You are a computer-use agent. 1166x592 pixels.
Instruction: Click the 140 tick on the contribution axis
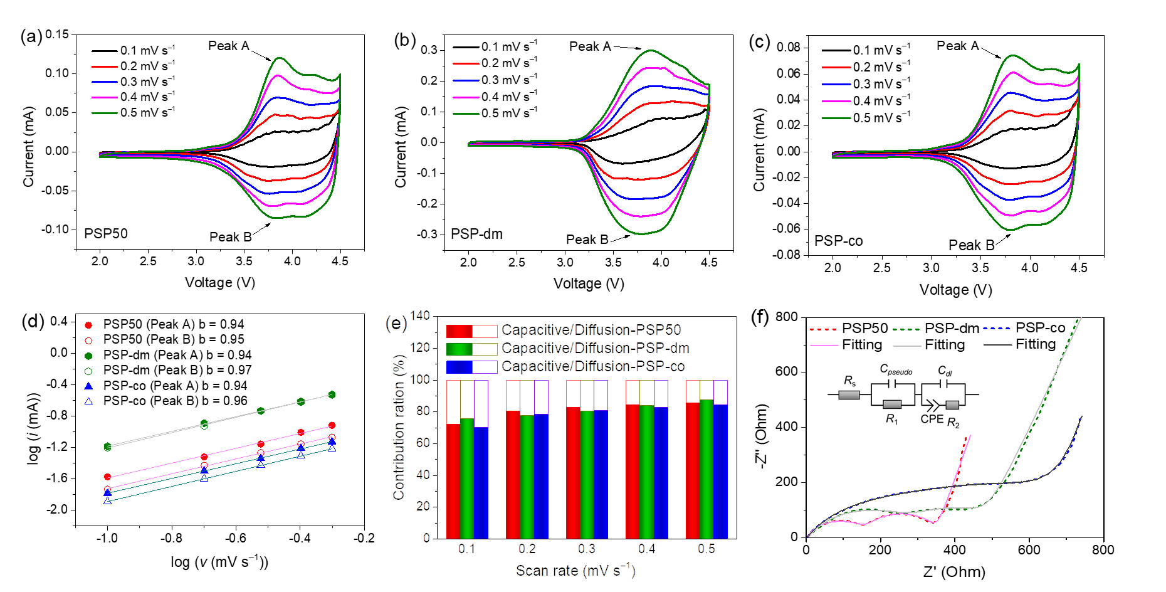tap(420, 315)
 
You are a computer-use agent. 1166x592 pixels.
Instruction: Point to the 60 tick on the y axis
tap(423, 443)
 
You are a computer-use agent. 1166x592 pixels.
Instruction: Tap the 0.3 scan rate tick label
tap(586, 549)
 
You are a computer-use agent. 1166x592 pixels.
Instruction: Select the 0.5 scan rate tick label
tap(706, 549)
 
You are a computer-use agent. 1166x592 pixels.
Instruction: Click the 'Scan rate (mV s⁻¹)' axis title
tap(575, 570)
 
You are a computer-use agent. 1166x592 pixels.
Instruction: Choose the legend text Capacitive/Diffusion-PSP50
tap(591, 330)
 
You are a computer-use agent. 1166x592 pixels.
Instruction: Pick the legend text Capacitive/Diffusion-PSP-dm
tap(596, 348)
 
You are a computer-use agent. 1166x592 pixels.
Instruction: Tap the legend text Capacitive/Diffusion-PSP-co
tap(593, 366)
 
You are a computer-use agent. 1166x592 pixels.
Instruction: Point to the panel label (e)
tap(396, 324)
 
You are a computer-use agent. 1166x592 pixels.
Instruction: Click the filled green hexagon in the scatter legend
tap(88, 356)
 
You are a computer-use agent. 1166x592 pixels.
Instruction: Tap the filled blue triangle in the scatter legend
tap(88, 386)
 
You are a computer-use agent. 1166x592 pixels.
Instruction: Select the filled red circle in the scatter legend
tap(88, 325)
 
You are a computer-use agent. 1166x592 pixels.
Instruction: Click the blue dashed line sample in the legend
tap(997, 329)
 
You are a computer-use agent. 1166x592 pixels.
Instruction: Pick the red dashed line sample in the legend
tap(823, 329)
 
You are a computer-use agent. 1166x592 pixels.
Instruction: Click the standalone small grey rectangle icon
tap(849, 395)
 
